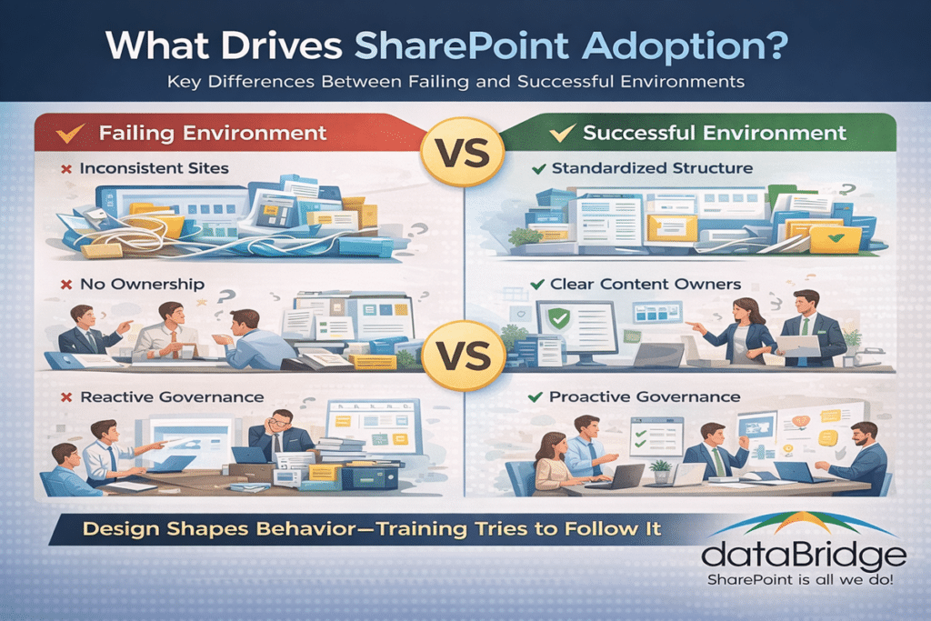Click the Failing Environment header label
click(x=212, y=133)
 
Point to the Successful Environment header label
click(x=714, y=133)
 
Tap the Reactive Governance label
click(x=171, y=397)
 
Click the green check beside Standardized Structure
click(x=536, y=168)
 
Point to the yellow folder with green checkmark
click(x=836, y=238)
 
